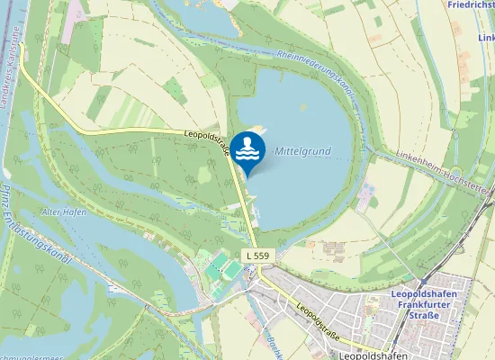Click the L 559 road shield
pos(256,256)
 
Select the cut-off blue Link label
pos(486,38)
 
